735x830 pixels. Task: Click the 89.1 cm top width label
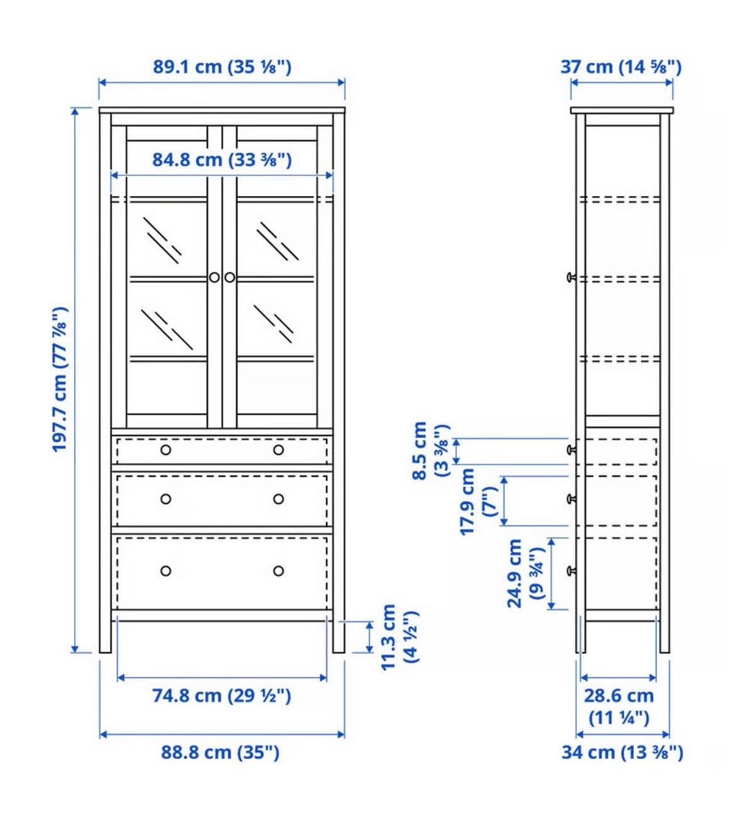click(x=222, y=67)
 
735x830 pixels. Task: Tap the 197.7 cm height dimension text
click(x=60, y=379)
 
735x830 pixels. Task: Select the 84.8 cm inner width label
click(x=222, y=159)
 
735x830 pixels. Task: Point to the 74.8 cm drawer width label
click(x=222, y=695)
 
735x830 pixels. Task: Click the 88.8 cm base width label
click(x=220, y=752)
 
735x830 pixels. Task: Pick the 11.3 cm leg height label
click(x=400, y=637)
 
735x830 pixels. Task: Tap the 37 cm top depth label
click(x=621, y=67)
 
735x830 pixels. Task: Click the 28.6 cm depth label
click(x=619, y=706)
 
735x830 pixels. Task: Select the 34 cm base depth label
click(x=622, y=752)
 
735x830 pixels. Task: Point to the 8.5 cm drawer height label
click(x=430, y=450)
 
